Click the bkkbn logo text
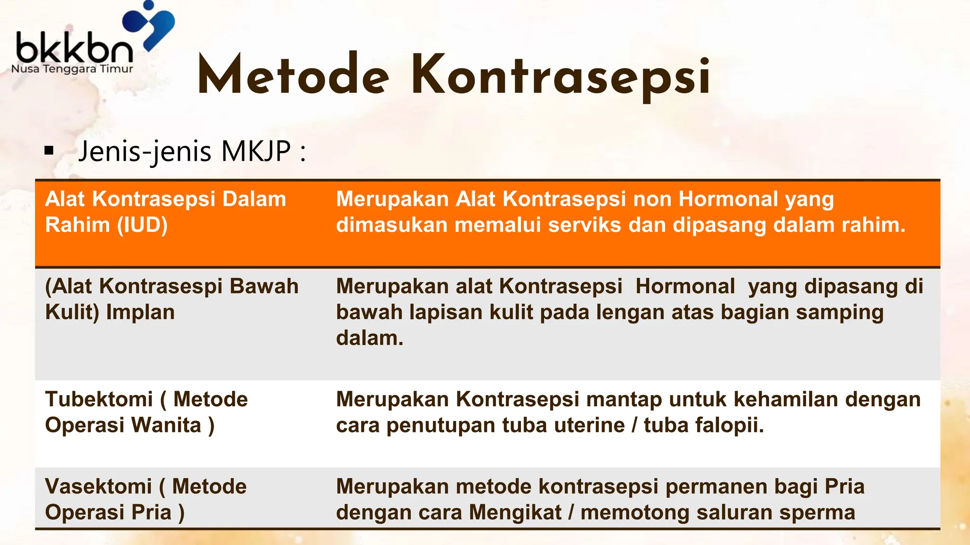pos(74,47)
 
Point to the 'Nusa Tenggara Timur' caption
pos(72,69)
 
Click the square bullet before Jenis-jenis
pos(49,151)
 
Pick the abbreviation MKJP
pos(256,151)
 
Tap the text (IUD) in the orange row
pos(143,225)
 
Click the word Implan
pos(140,312)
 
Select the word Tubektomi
pos(99,399)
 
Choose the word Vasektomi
pos(99,486)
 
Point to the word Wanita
pos(166,425)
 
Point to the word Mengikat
pos(515,512)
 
